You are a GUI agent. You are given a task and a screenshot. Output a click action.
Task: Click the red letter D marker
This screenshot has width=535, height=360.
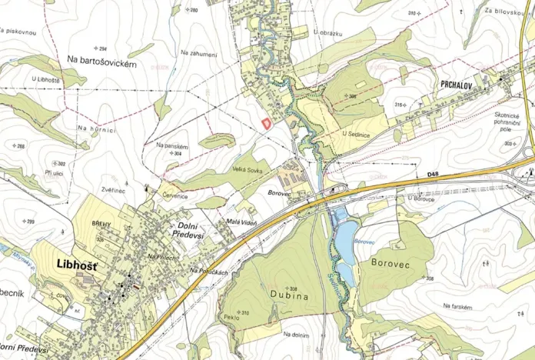click(x=267, y=122)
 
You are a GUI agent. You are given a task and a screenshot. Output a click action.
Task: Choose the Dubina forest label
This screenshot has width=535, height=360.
click(x=288, y=294)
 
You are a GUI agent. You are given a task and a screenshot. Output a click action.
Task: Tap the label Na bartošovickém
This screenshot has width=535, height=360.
click(x=101, y=64)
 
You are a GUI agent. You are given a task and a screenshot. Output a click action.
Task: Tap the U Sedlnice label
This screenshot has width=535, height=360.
click(x=357, y=132)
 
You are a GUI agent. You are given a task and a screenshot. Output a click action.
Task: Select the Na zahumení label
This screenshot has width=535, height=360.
click(x=199, y=53)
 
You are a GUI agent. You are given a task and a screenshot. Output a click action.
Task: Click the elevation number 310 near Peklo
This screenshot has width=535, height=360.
click(x=244, y=312)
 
